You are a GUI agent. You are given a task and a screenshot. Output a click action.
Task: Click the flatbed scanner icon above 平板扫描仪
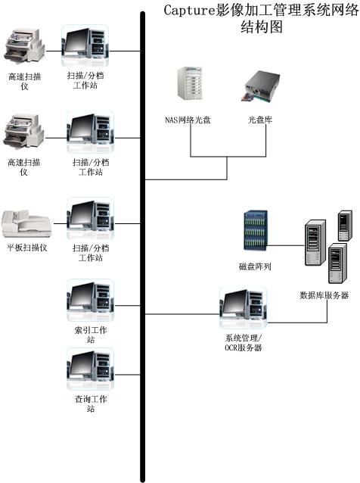point(26,224)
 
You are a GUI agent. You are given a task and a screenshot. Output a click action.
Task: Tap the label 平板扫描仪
point(27,248)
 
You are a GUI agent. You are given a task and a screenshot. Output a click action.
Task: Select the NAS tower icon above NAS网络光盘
point(190,83)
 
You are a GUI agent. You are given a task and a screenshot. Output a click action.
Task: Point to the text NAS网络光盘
point(188,120)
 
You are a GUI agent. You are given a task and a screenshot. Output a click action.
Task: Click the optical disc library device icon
point(261,86)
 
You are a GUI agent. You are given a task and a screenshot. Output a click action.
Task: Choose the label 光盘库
point(260,120)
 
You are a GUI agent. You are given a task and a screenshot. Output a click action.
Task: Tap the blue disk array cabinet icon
point(256,230)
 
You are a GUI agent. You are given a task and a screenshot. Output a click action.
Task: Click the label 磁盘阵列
point(255,266)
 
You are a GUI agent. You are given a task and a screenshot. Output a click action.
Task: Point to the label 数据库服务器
point(324,295)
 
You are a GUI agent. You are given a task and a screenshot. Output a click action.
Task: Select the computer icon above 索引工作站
point(91,301)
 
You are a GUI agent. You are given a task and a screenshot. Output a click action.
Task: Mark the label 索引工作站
point(91,335)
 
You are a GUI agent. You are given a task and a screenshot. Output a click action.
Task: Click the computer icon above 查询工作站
point(91,369)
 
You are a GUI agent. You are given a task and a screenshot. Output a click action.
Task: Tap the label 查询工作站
point(91,404)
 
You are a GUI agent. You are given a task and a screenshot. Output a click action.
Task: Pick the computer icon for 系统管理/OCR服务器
point(243,307)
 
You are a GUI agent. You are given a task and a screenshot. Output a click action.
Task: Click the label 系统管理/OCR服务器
point(244,343)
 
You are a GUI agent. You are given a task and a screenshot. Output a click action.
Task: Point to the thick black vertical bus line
point(142,247)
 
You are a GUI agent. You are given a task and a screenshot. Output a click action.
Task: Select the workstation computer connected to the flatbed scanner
point(91,219)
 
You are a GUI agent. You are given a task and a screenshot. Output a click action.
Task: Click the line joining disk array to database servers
point(286,245)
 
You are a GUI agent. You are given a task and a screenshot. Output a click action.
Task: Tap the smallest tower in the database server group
point(345,226)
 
